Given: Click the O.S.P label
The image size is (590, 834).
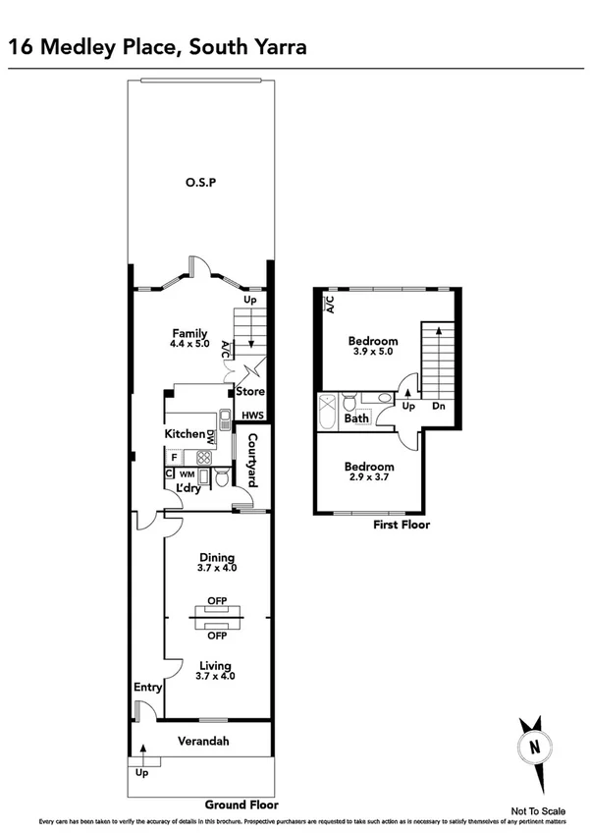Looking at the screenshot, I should point(199,184).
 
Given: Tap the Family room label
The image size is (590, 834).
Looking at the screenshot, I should point(189,333).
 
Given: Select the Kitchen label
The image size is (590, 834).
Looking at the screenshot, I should point(184,434).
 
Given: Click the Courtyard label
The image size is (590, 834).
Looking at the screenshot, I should point(252,460).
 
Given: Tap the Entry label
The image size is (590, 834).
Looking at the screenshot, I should point(147,688).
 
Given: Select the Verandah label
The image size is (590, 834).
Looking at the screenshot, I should point(202,741).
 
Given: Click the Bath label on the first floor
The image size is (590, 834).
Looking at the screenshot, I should point(356,418).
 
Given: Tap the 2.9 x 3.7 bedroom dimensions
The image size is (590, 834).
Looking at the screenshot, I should point(369,477).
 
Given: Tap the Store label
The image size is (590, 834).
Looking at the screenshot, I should point(251,391).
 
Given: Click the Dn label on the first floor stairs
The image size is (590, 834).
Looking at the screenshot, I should point(441,406).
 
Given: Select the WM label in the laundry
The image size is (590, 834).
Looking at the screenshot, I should point(187,474).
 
